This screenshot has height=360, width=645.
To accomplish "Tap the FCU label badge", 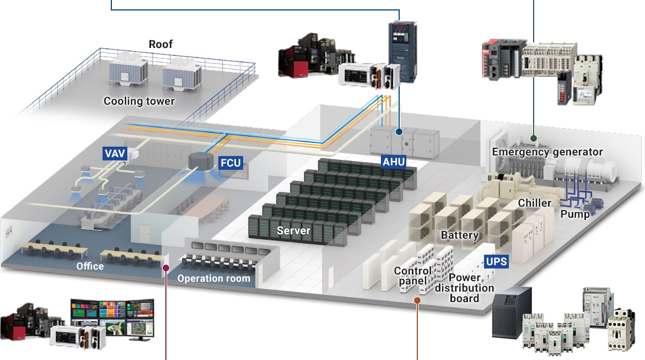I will (231, 163).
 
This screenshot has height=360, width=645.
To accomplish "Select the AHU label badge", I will (394, 162).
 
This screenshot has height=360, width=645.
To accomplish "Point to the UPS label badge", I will (496, 261).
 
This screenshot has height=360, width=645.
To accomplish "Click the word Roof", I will (160, 44).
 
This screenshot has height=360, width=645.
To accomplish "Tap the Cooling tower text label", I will (139, 101).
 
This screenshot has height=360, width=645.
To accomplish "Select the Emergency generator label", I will (547, 152).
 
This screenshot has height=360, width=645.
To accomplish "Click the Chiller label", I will (534, 203).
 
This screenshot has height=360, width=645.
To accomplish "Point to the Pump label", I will (575, 214).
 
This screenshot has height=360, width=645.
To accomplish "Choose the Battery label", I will (459, 235).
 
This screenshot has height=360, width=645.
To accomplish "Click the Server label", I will (293, 230).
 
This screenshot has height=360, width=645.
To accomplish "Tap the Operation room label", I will (213, 278).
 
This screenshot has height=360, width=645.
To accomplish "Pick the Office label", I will (90, 266).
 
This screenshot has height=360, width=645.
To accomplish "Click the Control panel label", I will (412, 276).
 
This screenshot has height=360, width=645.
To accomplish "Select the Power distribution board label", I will (464, 287).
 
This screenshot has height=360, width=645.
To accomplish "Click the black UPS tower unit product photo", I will (512, 314).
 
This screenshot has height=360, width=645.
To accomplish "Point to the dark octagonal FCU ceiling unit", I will (201, 160).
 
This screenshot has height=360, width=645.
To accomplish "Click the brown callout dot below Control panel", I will (417, 300).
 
